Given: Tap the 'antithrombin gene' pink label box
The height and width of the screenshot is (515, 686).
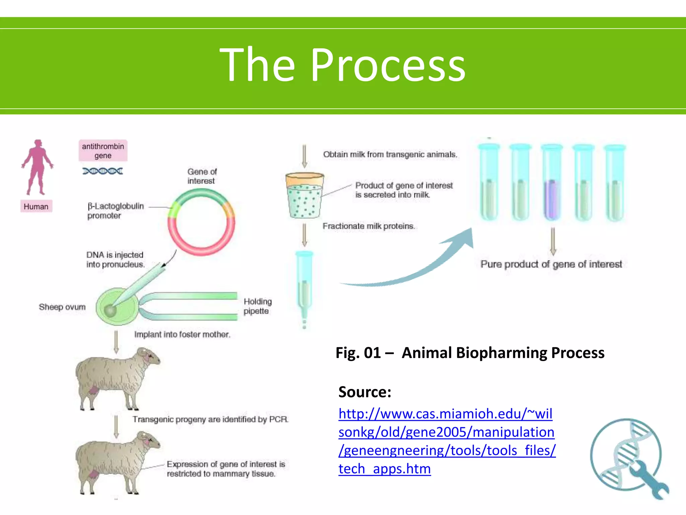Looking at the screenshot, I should (103, 151).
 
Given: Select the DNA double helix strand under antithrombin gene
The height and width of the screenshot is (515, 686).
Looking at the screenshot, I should (102, 171).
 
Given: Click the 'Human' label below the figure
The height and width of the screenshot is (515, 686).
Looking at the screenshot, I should (36, 207).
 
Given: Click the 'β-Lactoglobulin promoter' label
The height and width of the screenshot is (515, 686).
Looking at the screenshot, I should (115, 211).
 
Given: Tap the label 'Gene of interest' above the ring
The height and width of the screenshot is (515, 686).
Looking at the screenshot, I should (202, 176).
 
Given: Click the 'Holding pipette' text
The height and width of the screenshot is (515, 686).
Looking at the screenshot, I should (257, 306).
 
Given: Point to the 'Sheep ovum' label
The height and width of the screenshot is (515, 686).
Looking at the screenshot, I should (62, 307).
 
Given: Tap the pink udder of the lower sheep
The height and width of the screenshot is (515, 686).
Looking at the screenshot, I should (93, 474).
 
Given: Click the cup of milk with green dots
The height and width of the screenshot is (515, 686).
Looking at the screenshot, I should (304, 196).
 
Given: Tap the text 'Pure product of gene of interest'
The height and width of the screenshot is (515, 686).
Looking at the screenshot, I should (551, 264).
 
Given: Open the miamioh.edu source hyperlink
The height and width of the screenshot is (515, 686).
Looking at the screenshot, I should (445, 441).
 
